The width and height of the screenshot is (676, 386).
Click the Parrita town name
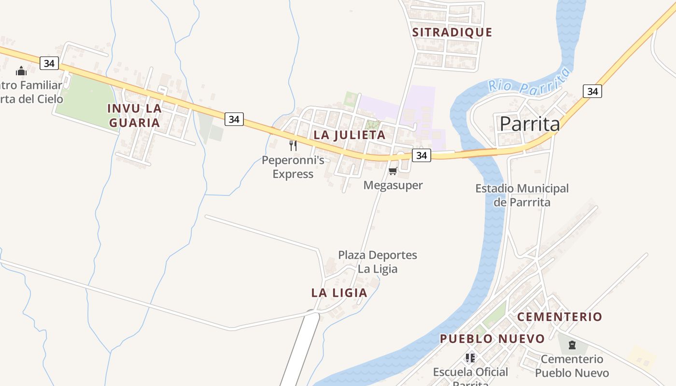pos(530,124)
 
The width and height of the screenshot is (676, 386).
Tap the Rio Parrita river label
pos(529,82)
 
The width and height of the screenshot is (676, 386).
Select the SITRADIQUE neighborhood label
pos(452,32)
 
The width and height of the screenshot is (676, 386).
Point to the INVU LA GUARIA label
pos(134,115)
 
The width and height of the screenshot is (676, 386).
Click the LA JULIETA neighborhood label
pos(350,135)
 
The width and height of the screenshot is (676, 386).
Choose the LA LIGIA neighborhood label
pos(339,293)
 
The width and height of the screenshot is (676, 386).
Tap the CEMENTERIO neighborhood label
pos(560,317)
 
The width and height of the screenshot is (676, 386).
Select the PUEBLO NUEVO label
pos(492,339)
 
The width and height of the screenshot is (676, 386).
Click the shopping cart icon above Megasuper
pos(393,171)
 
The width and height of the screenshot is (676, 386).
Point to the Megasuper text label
pos(393,185)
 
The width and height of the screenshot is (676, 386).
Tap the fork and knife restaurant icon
pos(293,145)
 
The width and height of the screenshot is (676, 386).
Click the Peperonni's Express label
pos(293,167)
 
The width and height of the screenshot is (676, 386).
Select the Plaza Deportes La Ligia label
pos(377,262)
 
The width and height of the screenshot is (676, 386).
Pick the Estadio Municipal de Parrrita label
pos(522,195)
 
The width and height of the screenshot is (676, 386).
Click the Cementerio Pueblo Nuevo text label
pos(572,366)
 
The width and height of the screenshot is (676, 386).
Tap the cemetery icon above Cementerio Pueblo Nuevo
pos(572,345)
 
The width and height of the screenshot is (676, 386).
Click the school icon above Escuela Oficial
pos(470,358)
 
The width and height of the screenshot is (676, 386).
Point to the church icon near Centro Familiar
pos(21,71)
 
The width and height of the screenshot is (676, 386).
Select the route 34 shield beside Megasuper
pos(422,155)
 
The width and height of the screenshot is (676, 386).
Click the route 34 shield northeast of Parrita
pos(592,91)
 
